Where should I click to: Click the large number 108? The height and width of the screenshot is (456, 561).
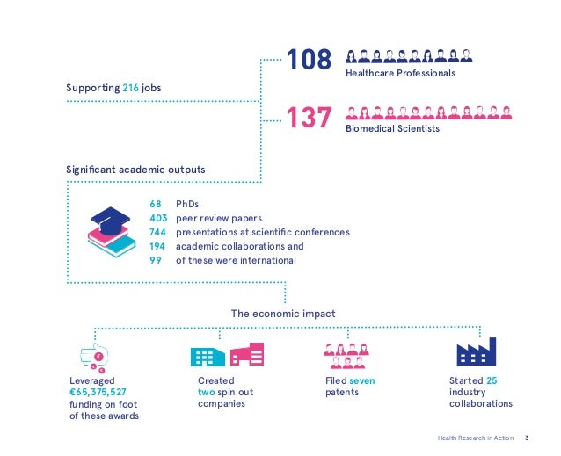310,60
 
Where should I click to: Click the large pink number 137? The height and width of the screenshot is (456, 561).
310,116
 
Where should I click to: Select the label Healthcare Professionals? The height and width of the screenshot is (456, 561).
400,74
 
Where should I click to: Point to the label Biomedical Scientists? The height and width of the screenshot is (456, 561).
391,129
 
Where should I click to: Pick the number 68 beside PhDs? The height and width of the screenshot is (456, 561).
156,204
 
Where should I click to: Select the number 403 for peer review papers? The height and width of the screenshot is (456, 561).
158,218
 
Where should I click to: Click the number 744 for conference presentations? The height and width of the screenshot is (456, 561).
158,232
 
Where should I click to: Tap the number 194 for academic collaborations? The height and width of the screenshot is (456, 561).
158,246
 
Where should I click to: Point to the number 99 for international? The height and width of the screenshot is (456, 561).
156,260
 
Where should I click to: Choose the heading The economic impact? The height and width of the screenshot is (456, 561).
282,312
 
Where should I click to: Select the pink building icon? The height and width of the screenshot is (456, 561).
247,354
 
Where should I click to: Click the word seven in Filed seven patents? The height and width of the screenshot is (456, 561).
361,380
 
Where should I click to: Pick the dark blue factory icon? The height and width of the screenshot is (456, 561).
477,352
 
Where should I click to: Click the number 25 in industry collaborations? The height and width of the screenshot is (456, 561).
492,380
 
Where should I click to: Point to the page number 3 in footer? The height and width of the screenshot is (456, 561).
527,437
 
